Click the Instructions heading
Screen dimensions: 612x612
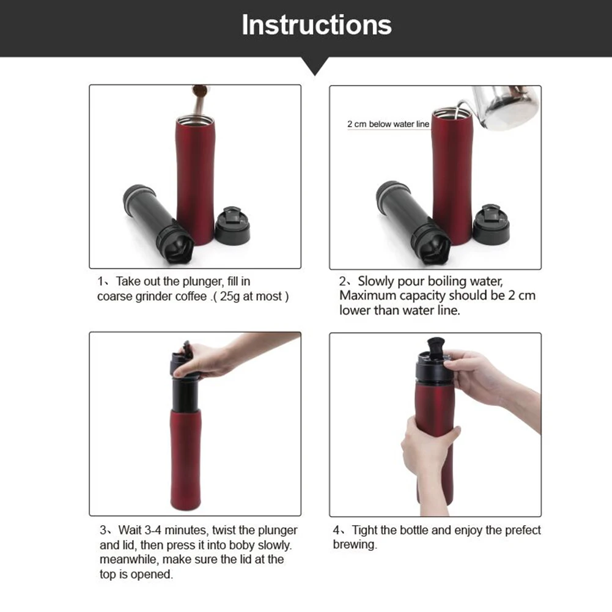coord(317,24)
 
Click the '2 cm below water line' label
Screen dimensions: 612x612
coord(388,124)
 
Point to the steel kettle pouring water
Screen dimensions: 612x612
coord(504,108)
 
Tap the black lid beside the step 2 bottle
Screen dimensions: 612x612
coord(491,224)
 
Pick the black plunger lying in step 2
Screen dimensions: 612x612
coord(413,223)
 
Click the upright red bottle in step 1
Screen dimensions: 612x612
coord(195,180)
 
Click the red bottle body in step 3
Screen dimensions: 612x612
coord(186,459)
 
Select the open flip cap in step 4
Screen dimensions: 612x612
coord(435,346)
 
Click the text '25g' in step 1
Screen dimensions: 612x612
coord(230,297)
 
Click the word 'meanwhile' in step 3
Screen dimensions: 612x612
coord(129,559)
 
